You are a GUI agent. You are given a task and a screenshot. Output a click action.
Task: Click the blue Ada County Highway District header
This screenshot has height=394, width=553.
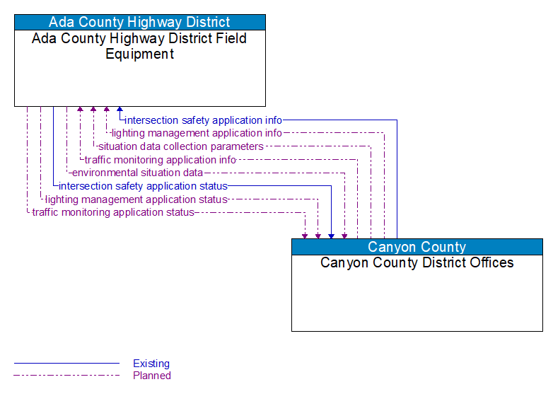click(139, 22)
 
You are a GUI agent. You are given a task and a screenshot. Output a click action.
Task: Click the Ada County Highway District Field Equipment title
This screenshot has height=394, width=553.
click(139, 46)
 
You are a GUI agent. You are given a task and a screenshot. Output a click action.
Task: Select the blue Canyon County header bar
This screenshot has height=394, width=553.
click(417, 247)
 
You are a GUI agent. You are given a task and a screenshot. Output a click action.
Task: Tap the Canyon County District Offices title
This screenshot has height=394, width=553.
click(417, 262)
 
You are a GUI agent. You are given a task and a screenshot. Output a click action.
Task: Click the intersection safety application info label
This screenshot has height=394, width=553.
click(203, 120)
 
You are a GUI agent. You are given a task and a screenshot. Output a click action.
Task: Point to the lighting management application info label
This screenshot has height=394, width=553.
click(197, 133)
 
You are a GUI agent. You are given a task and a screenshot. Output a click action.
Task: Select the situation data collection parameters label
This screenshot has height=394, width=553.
click(180, 146)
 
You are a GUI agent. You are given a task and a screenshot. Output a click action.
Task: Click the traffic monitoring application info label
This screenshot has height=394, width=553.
click(160, 160)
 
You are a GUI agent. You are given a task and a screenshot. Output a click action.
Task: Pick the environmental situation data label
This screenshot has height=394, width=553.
click(137, 173)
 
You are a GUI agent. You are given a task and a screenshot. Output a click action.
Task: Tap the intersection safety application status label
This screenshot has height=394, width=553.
click(143, 186)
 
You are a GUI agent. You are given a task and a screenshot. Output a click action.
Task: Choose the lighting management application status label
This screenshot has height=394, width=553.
click(136, 199)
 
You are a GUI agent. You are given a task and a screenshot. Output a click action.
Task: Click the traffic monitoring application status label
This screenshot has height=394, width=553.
click(113, 212)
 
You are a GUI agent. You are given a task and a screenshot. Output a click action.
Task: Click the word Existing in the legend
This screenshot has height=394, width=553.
click(151, 364)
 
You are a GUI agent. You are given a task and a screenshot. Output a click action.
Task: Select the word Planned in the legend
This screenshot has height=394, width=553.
click(152, 376)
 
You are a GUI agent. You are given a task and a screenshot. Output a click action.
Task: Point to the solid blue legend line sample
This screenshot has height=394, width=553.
click(66, 364)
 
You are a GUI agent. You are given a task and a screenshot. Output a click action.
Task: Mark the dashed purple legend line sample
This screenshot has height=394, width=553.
click(66, 376)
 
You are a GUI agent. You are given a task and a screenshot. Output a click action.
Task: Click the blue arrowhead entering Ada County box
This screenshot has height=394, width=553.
click(120, 110)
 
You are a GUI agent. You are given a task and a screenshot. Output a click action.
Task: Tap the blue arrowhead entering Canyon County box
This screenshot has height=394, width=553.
click(331, 235)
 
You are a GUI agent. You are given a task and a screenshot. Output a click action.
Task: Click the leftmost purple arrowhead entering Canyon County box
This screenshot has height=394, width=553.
click(305, 235)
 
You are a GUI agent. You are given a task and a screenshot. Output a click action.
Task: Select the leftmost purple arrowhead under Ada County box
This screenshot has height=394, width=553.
click(80, 110)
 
